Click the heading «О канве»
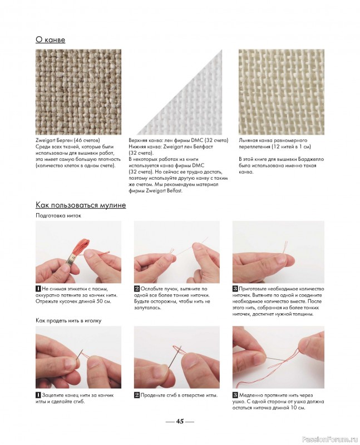pos(50,39)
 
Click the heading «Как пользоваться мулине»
pos(81,205)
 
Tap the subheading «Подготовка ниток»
pos(58,215)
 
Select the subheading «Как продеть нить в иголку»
pos(68,321)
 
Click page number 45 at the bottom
pos(180,421)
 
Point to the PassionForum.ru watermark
pos(329,439)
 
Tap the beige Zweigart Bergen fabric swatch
pos(78,92)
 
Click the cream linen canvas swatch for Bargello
pos(282,92)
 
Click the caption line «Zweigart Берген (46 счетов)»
pos(67,141)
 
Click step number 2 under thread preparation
pos(137,289)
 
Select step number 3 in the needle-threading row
pos(235,395)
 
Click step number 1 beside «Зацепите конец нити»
pos(38,395)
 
